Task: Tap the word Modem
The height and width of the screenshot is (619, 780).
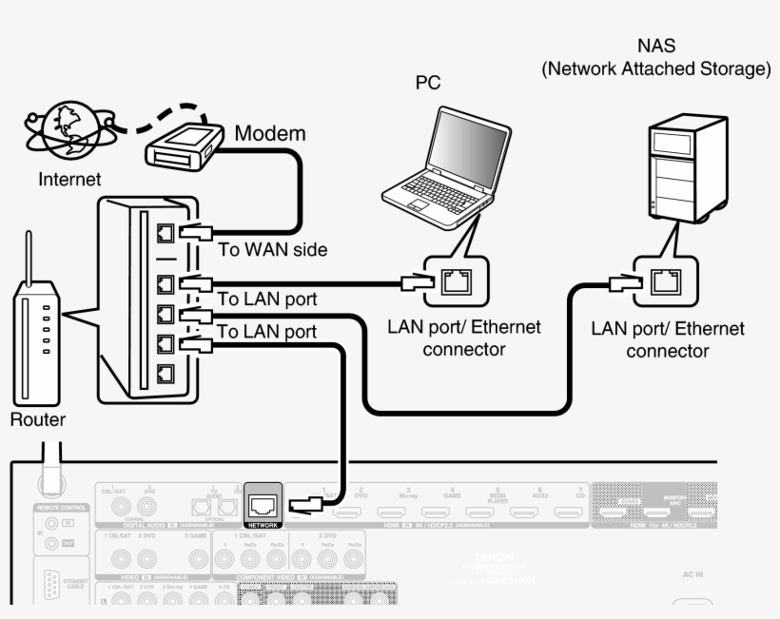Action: pos(269,133)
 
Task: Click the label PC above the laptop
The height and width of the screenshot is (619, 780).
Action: pos(428,84)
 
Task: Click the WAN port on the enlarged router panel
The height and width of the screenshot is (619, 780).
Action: pos(165,231)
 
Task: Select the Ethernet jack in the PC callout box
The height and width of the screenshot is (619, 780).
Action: pos(453,280)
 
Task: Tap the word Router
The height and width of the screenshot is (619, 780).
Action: pos(37,419)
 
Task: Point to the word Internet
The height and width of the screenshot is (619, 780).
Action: pos(68,179)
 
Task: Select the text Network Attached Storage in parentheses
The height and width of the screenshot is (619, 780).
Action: pos(655,69)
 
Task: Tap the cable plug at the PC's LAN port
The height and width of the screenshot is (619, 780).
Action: pos(418,281)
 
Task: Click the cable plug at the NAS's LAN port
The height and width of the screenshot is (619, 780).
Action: pos(624,281)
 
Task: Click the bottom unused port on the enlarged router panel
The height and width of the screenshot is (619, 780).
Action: pos(165,374)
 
